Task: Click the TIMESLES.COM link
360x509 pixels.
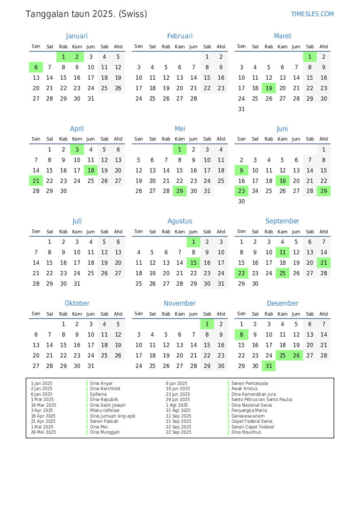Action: (312, 14)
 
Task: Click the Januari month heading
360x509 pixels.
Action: (77, 36)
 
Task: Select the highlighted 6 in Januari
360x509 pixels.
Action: (36, 67)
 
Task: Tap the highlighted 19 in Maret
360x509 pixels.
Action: (269, 88)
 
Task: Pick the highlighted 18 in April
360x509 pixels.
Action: (91, 170)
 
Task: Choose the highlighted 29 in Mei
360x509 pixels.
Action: (180, 191)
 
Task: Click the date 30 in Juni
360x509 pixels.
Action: (242, 202)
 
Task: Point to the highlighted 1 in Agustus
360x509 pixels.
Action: (194, 242)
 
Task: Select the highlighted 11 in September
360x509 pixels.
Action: (283, 253)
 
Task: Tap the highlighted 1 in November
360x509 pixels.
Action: (207, 324)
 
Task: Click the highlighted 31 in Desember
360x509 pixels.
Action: (269, 366)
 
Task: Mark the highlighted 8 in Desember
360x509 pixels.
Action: (242, 335)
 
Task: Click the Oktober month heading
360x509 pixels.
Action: (77, 303)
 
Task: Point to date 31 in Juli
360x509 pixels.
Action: (77, 284)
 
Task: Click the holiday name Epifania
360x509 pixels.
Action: (98, 394)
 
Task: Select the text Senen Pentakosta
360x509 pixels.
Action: (250, 384)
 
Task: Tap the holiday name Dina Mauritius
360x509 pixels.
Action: (246, 432)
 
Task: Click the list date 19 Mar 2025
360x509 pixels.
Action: (44, 405)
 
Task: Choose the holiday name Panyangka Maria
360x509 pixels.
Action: (249, 411)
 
